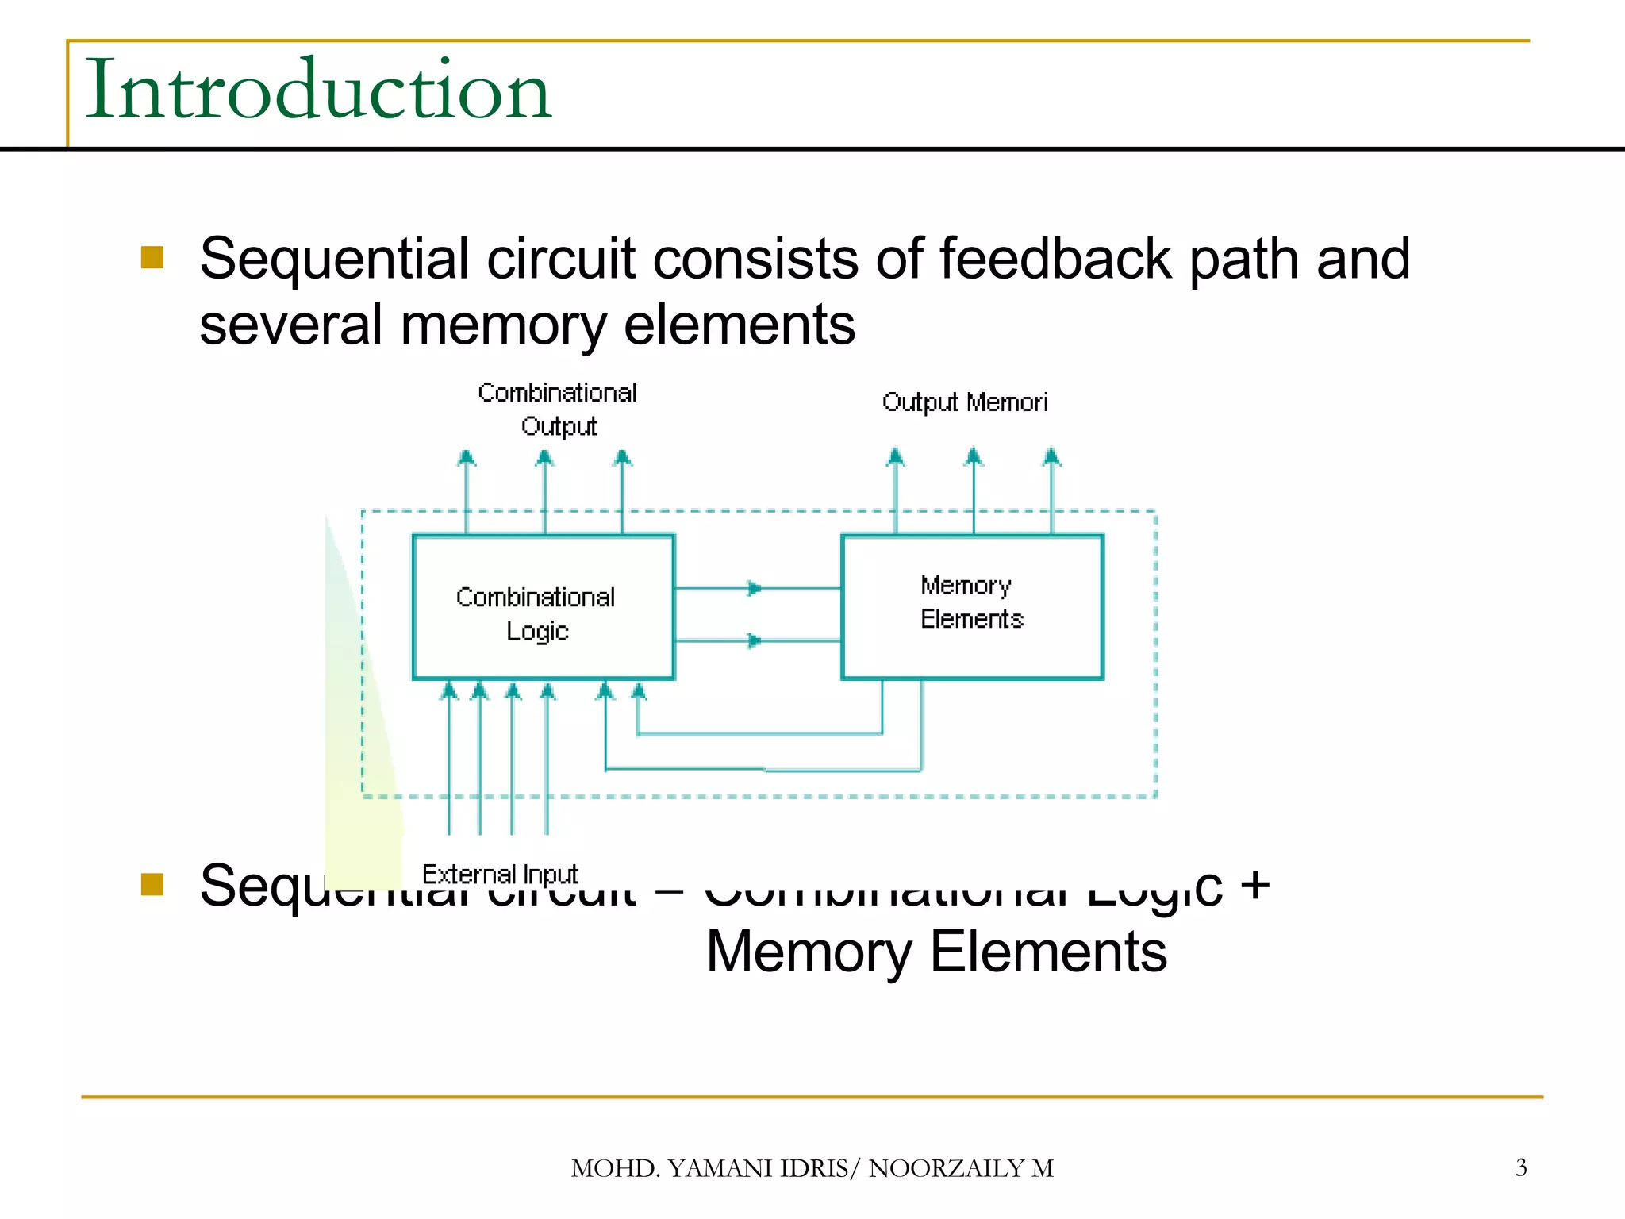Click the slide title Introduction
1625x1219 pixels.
317,89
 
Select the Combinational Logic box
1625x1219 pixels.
543,607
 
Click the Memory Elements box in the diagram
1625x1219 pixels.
972,607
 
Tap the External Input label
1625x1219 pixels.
499,875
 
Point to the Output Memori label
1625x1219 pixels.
964,402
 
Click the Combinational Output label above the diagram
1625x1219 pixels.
557,410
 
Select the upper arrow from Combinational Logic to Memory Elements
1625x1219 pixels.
754,588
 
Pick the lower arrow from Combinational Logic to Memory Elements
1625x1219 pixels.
754,640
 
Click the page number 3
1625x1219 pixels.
1520,1167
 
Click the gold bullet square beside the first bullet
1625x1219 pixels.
152,257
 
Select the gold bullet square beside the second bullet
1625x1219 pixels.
152,884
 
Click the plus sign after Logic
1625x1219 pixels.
1255,884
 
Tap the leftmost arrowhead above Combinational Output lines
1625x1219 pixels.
467,457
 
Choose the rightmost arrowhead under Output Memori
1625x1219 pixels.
1051,456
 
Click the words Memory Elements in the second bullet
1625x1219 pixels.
936,952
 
